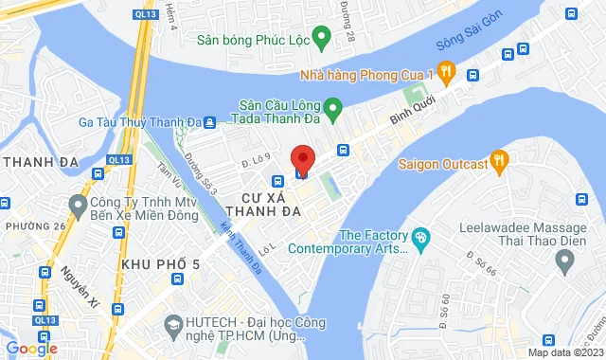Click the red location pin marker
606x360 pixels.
pos(302,158)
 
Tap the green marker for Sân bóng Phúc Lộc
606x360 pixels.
pos(320,40)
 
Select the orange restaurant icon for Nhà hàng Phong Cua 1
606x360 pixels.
pos(447,73)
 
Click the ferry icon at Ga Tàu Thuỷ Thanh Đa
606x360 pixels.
pos(209,120)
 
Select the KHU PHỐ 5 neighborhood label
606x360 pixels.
pos(160,262)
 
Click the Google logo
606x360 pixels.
pos(30,348)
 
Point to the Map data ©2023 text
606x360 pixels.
pos(565,352)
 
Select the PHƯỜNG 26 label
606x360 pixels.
pos(35,226)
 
